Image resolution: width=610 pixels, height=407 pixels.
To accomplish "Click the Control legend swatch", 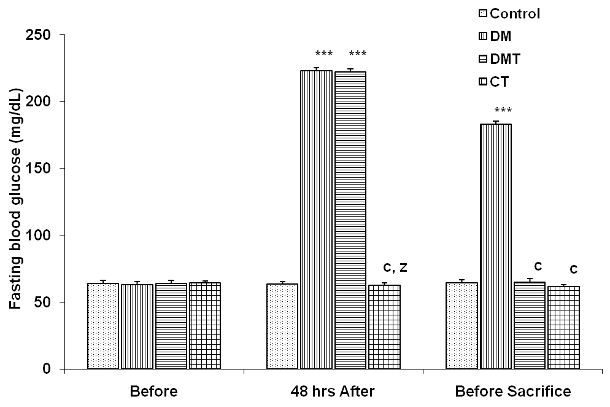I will click(482, 14).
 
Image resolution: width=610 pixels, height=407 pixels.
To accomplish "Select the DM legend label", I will click(502, 36).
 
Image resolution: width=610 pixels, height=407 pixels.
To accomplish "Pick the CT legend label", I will click(500, 81).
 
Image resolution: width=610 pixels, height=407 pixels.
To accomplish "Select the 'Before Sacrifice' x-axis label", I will click(512, 392).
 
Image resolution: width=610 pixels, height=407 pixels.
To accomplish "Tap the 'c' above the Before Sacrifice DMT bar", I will click(538, 266).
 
